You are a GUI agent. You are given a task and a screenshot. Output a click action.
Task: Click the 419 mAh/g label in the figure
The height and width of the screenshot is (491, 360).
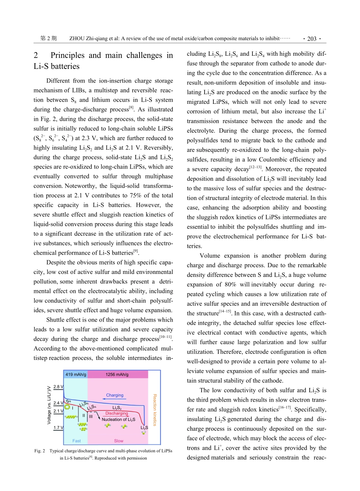coord(76,375)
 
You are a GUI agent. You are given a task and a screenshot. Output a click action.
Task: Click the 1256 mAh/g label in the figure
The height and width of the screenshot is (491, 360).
coord(117,375)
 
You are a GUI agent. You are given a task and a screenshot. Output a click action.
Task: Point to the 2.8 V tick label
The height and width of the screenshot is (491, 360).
coord(58,387)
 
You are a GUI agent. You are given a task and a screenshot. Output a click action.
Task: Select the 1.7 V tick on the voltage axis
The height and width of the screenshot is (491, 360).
coord(58,428)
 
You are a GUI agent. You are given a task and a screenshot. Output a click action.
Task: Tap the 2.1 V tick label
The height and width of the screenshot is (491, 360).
coord(58,411)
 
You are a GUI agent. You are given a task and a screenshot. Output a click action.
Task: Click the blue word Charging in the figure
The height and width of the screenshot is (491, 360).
coord(115,395)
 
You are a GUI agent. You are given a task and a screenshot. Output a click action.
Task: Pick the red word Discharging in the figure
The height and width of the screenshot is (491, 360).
coord(117,413)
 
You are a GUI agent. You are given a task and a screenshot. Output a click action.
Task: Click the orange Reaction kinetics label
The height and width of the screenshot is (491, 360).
coord(155,410)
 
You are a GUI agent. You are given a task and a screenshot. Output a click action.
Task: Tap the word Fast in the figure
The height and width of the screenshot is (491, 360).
coord(77,441)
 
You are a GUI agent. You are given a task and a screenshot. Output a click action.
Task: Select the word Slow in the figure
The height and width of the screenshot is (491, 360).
coord(119,441)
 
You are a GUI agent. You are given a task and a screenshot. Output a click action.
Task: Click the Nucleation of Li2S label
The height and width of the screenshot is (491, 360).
coord(118,419)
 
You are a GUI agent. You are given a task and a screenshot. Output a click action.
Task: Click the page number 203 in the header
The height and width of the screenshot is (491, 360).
coord(311,39)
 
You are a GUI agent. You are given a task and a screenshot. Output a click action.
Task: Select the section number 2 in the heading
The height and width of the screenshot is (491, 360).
coord(36,55)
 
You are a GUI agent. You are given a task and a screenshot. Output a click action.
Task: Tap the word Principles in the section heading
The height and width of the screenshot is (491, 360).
coord(68,55)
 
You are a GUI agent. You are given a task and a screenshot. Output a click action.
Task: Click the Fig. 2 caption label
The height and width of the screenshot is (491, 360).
coord(40,451)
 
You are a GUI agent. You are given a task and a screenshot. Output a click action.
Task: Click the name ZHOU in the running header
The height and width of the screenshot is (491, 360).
coord(78,39)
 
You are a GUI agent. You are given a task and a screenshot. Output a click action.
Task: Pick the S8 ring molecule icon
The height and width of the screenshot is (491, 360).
coord(67,407)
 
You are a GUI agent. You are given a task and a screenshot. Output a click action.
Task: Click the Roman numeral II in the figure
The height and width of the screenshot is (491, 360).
coord(83,416)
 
